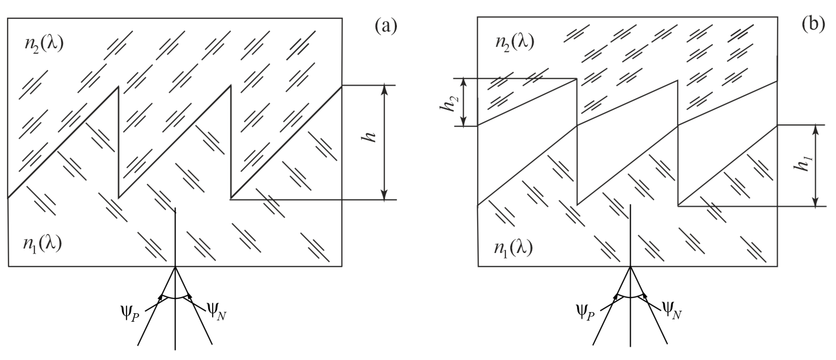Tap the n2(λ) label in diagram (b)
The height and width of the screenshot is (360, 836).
(x=515, y=42)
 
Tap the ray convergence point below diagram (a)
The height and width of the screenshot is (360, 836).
(x=175, y=267)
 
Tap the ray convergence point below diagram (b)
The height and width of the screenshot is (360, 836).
(x=630, y=267)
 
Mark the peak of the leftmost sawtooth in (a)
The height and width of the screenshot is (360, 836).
(x=118, y=87)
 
